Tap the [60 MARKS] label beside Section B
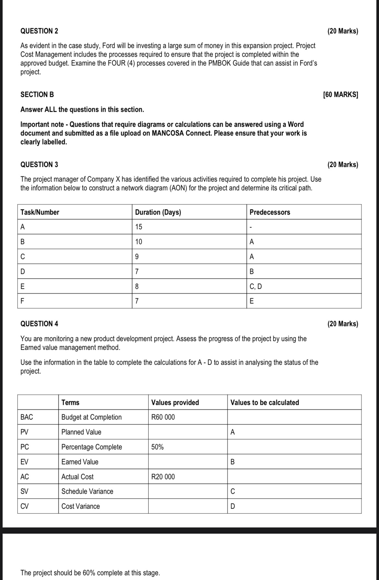340,95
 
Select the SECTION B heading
37,95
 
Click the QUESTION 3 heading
39,164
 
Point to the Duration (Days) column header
158,212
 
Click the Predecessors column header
270,212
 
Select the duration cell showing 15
139,227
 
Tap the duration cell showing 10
139,242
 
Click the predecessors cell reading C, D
256,286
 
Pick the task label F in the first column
22,301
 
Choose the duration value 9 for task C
137,257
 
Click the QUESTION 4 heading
39,324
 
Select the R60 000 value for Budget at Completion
163,417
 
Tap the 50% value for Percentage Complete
157,447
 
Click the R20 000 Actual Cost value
163,477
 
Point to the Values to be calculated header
264,402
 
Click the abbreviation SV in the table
24,491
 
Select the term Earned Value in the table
80,462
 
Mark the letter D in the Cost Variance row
232,506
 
